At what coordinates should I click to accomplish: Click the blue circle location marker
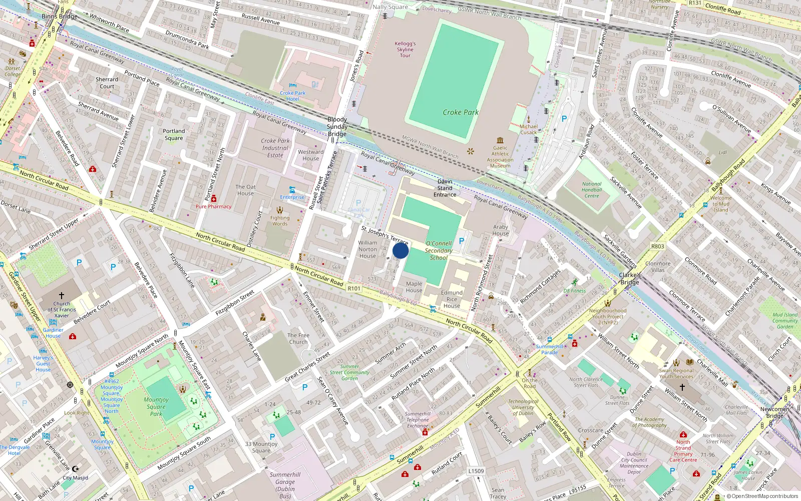[400, 250]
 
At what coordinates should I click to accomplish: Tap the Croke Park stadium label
[461, 112]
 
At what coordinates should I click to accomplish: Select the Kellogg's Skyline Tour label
[405, 50]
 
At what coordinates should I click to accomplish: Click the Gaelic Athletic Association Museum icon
[500, 140]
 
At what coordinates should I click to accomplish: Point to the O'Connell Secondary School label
[439, 250]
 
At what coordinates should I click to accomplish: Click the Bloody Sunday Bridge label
[337, 127]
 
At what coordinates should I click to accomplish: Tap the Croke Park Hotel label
[293, 96]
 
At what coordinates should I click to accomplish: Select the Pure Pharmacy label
[214, 206]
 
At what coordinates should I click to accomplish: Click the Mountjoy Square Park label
[156, 406]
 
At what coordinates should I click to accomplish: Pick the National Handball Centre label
[592, 190]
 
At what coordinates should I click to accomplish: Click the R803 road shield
[658, 246]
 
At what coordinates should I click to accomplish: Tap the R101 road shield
[354, 289]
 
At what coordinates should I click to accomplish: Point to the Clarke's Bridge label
[630, 279]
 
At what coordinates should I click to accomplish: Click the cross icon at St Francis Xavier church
[62, 296]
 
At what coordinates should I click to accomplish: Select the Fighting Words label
[280, 220]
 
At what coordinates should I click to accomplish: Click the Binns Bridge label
[60, 17]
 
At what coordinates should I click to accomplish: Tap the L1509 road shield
[476, 471]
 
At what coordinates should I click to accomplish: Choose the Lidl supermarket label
[722, 152]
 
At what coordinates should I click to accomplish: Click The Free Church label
[298, 339]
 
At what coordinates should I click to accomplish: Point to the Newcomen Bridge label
[774, 412]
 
